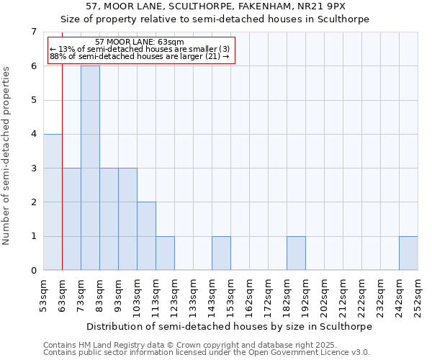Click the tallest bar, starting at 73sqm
(90, 168)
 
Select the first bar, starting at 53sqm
(53, 202)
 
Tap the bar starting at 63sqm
(71, 219)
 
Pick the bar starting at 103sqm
(146, 236)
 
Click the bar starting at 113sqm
(165, 253)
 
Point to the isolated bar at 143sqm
(221, 253)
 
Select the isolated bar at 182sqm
(296, 253)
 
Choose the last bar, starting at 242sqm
(408, 253)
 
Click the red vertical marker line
(63, 180)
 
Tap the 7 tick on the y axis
(33, 32)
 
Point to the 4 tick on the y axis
(33, 134)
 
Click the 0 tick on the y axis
(33, 271)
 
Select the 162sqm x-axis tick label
(249, 294)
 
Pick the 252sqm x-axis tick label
(418, 294)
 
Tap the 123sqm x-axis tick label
(174, 294)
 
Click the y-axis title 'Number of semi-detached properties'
(7, 156)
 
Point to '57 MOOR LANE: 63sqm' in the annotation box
(140, 42)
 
